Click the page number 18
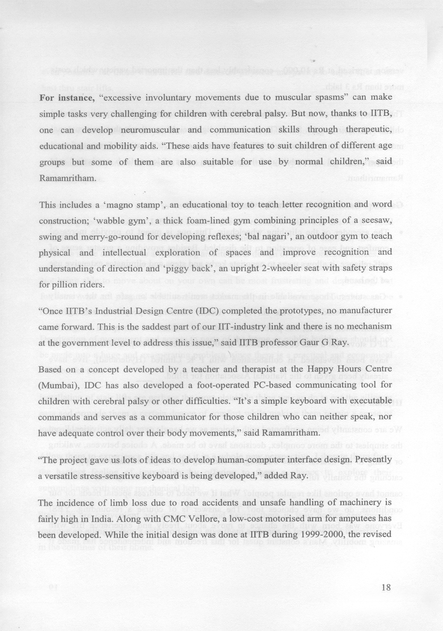(x=386, y=587)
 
